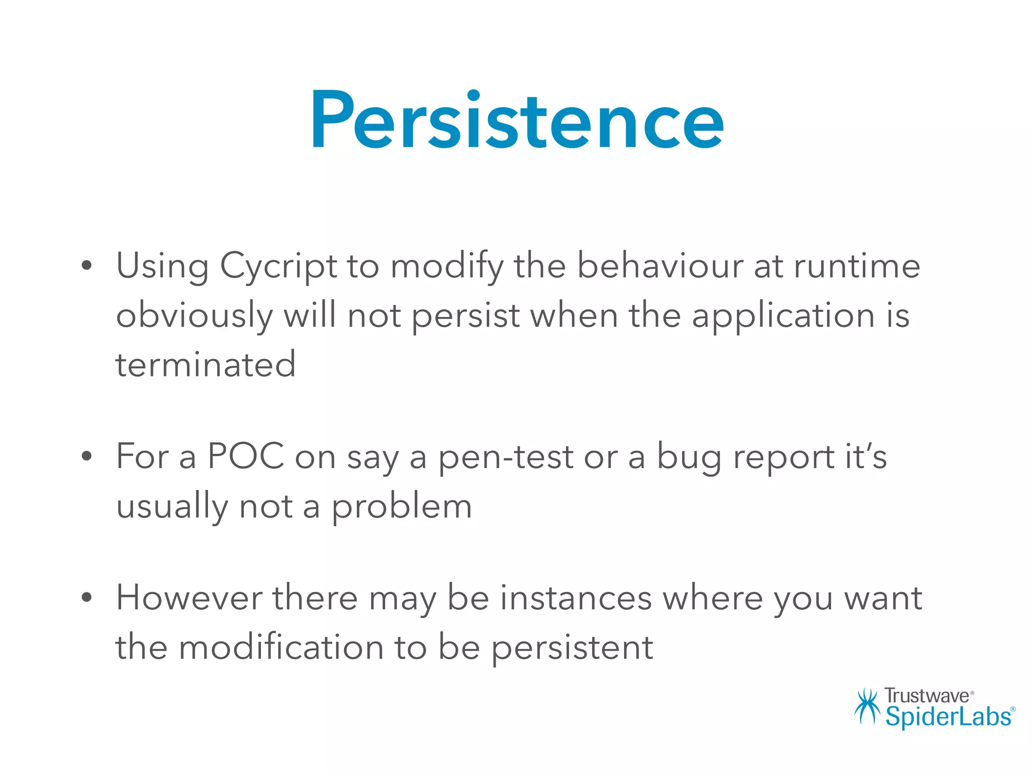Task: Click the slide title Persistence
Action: pos(517,121)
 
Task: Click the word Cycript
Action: pos(278,266)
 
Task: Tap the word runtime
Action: pos(857,266)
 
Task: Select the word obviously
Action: pos(194,316)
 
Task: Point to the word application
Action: pos(783,316)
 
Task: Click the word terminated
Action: pos(205,364)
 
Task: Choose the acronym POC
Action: pos(246,457)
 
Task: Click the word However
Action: pos(189,598)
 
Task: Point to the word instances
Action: pos(576,598)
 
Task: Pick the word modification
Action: pos(281,647)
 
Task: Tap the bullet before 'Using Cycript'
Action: pos(87,265)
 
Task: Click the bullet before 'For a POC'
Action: pos(87,456)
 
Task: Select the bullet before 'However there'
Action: pos(87,597)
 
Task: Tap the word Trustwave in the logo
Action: pos(926,696)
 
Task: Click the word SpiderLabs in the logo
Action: pos(948,717)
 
